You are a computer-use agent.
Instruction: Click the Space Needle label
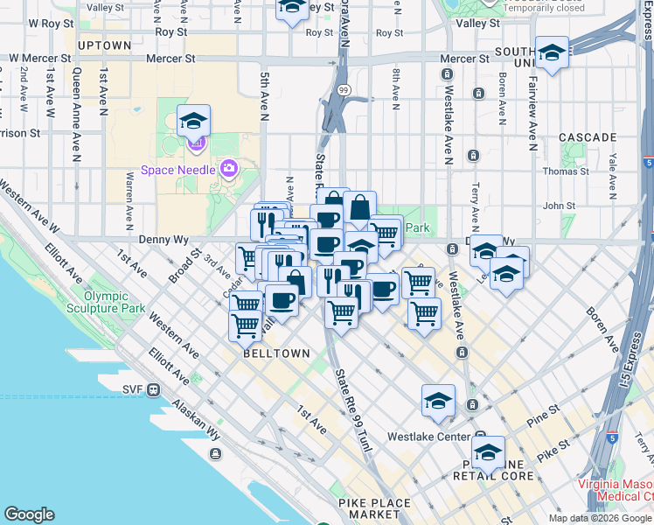point(177,169)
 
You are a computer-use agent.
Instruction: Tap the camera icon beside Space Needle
point(229,167)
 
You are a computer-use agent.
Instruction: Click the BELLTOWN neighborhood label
point(277,353)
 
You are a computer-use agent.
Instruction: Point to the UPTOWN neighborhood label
point(104,45)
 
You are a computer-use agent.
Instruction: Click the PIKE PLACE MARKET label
point(373,509)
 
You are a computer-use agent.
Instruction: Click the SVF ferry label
point(133,389)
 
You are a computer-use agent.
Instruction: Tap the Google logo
point(29,514)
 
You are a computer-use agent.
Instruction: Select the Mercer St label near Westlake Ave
point(464,59)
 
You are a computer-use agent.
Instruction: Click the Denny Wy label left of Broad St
point(158,240)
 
